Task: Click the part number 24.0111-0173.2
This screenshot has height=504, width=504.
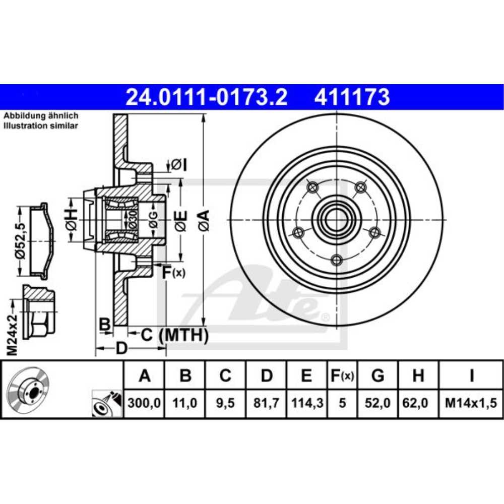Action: pos(206,97)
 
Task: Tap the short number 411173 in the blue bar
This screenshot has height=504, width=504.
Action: pos(352,97)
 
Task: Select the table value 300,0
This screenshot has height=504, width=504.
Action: pos(144,403)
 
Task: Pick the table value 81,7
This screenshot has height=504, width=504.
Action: pos(266,403)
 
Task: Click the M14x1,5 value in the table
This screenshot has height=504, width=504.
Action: pos(471,403)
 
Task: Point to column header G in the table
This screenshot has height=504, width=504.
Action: pos(377,375)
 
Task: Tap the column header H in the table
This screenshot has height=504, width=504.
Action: pos(418,375)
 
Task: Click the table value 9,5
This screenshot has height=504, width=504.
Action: pos(225,403)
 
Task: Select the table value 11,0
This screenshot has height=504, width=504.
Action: pos(185,403)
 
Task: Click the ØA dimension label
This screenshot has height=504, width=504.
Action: pos(204,220)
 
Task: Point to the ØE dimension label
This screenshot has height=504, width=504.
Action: pos(181,220)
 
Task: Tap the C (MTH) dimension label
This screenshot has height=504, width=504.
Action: pos(174,334)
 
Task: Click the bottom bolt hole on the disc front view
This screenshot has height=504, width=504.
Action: pos(337,260)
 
